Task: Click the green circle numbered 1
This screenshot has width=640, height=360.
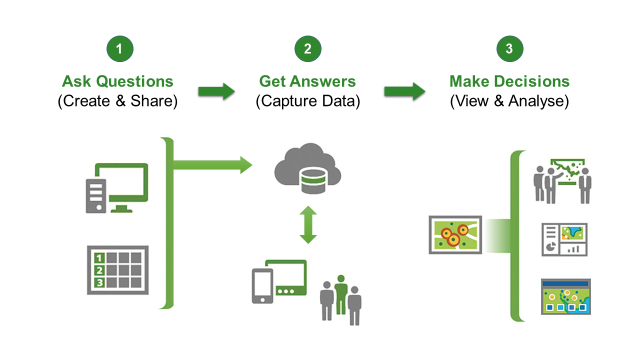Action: [120, 48]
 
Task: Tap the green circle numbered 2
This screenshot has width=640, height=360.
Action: [307, 48]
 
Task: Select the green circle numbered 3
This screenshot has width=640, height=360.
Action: [510, 48]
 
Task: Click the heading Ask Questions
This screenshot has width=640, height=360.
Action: [117, 81]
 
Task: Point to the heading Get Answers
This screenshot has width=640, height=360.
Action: [307, 81]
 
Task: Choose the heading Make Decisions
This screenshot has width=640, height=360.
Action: [509, 81]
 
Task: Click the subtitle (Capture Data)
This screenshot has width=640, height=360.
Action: [307, 101]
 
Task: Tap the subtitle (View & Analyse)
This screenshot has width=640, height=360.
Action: [509, 101]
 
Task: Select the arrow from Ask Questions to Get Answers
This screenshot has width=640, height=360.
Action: [216, 91]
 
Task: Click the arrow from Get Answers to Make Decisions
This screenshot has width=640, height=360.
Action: [404, 91]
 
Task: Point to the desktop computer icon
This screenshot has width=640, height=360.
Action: [117, 188]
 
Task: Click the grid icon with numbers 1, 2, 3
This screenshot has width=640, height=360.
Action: [117, 270]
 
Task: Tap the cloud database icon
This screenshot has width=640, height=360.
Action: [307, 168]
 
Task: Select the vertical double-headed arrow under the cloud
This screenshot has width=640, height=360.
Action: [308, 225]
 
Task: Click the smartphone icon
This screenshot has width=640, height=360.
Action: [262, 286]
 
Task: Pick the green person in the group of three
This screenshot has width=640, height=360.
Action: [341, 295]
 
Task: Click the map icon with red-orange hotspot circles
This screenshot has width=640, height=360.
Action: [455, 235]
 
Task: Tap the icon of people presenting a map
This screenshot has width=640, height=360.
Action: [562, 181]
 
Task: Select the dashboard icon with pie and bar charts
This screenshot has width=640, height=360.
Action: [564, 239]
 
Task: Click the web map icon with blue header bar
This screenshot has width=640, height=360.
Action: [566, 296]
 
